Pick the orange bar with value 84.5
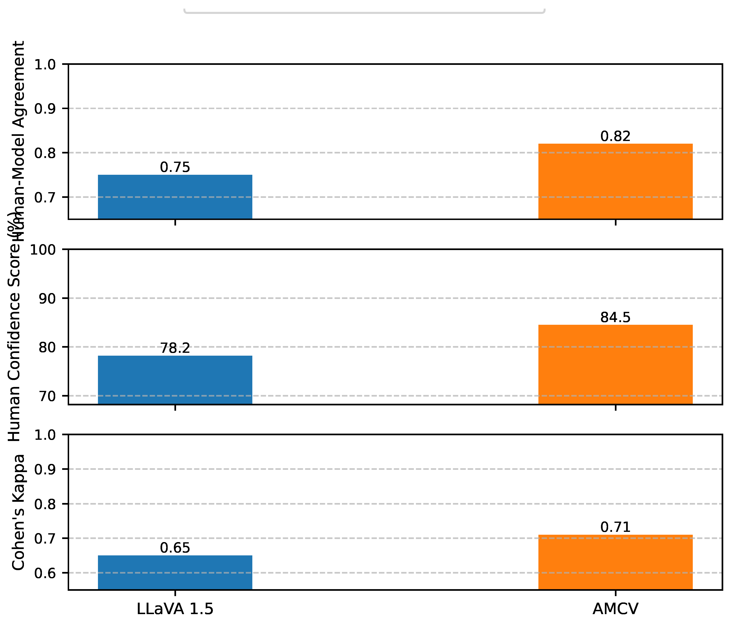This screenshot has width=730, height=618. point(615,364)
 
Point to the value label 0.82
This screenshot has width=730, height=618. point(615,136)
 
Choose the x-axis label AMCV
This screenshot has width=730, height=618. point(615,609)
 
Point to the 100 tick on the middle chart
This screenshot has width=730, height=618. point(43,250)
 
